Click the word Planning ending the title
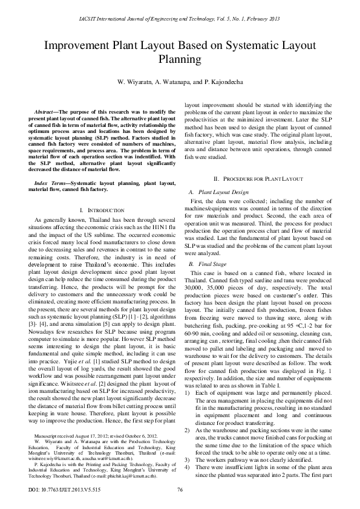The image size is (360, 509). tap(180, 59)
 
